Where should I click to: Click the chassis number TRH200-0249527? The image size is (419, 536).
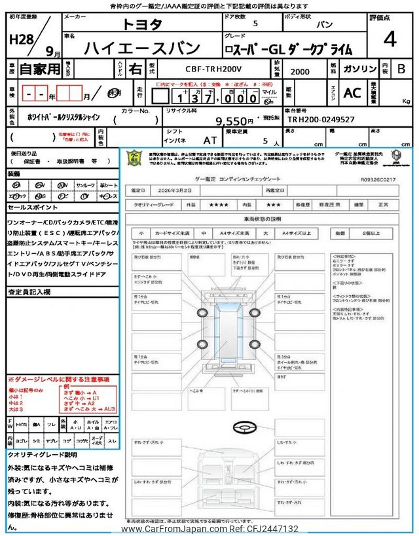pos(321,120)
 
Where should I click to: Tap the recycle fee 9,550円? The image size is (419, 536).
pos(234,120)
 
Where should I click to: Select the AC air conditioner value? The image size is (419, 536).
pos(352,92)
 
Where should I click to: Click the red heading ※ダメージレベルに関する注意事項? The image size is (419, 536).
pos(58,380)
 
